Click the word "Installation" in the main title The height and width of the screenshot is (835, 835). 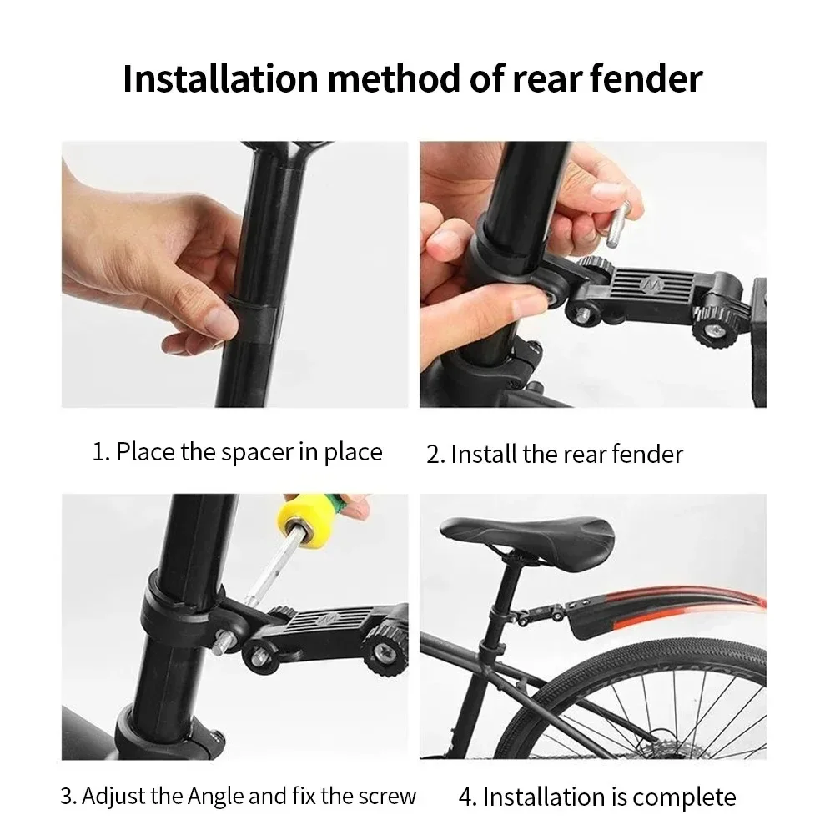[x=220, y=78]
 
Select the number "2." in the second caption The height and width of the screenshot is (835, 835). [x=435, y=455]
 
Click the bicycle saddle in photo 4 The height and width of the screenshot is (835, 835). [x=527, y=535]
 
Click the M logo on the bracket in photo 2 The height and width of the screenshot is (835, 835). [x=651, y=285]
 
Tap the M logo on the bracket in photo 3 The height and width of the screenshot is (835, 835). [x=324, y=620]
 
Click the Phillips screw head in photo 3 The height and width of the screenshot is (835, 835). [x=384, y=651]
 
